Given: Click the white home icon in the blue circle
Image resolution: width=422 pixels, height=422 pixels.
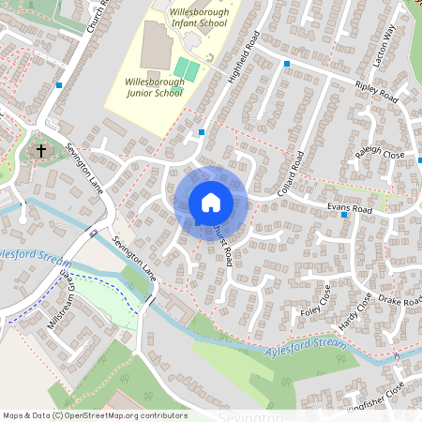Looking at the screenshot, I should coord(211,202).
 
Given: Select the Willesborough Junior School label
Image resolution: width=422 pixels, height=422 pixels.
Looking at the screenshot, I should coord(154,87).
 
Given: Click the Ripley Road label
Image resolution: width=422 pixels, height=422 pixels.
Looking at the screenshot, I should coord(377,92).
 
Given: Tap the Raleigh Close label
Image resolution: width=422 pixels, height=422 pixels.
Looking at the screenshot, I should coord(379,153).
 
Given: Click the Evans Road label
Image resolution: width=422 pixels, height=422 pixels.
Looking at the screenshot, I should coord(350,205).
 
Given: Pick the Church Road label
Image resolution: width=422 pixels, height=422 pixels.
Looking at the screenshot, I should coord(98,17).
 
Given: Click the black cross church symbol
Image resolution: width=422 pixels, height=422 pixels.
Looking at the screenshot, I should coord(41,150).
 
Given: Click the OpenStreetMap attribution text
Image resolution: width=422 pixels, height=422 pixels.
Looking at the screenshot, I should coord(94,414).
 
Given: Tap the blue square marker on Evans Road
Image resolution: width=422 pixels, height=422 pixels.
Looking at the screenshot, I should coord(345,216).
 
